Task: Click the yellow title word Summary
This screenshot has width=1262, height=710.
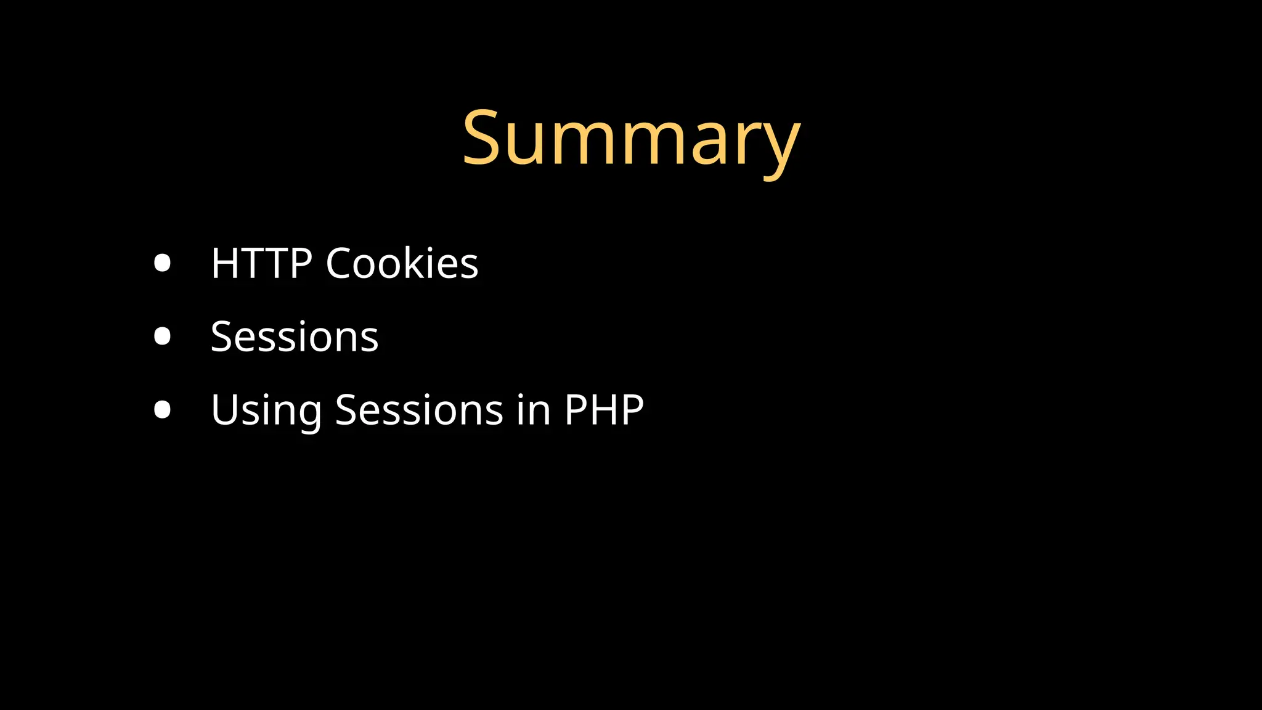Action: coord(631,139)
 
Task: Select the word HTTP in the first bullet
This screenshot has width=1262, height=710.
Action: coord(261,263)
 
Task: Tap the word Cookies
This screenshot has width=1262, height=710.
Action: coord(402,263)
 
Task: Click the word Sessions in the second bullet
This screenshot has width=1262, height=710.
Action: coord(295,337)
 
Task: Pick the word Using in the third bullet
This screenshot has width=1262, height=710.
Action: coord(266,410)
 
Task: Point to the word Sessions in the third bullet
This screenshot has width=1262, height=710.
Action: coord(419,410)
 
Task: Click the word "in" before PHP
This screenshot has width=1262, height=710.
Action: coord(534,410)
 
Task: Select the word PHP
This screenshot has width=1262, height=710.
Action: coord(604,410)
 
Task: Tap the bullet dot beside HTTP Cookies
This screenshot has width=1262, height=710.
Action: coord(162,263)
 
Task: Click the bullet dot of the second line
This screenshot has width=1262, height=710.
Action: coord(162,337)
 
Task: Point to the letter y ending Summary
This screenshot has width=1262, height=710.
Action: coord(781,148)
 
